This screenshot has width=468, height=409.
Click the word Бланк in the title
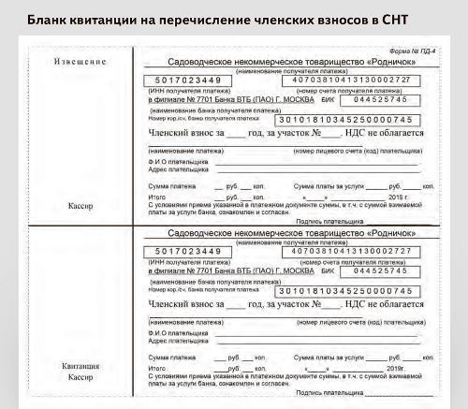(x=48, y=17)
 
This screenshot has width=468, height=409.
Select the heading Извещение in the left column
(x=80, y=63)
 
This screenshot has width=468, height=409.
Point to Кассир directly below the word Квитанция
(x=80, y=376)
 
